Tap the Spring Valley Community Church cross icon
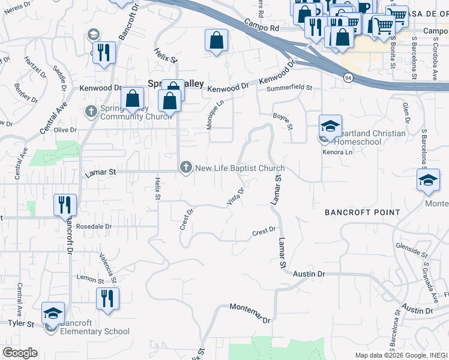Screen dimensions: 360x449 pos(91,110)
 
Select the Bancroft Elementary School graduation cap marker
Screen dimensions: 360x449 pos(53,314)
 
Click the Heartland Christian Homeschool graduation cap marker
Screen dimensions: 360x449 pos(330,127)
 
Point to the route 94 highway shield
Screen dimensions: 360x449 pos(348,78)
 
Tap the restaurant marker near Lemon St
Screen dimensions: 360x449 pos(107,299)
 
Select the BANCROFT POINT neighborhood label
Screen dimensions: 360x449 pos(362,212)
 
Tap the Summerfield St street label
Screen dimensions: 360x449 pos(289,88)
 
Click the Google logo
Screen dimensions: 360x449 pos(20,353)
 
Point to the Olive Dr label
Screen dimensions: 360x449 pos(65,130)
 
